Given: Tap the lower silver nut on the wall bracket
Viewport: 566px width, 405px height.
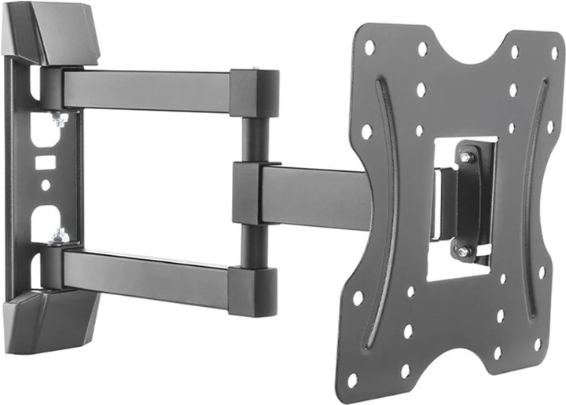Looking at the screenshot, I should [58, 235].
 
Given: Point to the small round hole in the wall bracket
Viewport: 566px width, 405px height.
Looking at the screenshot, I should [45, 185].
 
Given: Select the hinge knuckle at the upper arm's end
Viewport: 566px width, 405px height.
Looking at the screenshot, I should [254, 93].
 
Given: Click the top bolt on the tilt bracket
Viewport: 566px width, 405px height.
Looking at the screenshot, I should [467, 158].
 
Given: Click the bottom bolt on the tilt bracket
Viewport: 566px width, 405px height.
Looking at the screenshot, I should [464, 251].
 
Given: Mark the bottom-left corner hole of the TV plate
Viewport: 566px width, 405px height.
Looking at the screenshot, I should [352, 380].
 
